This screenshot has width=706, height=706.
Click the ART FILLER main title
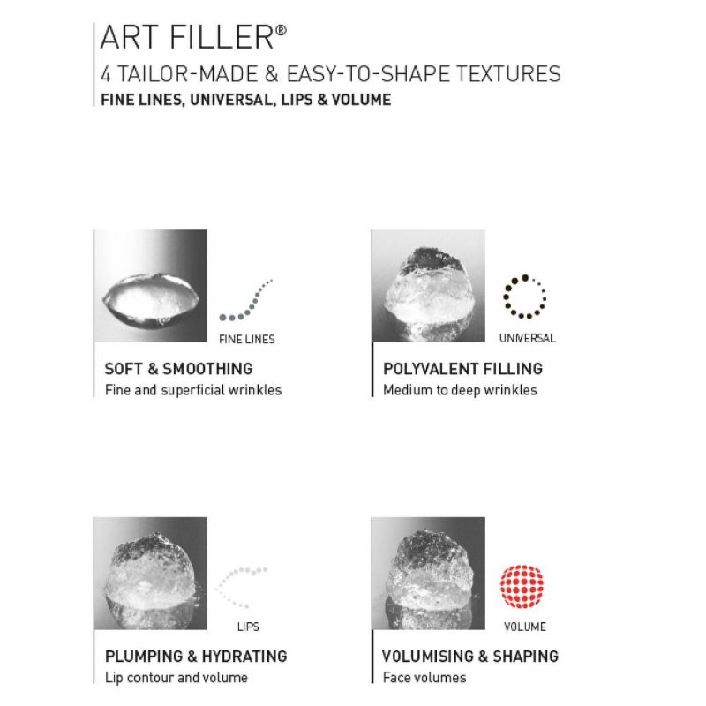point(193,37)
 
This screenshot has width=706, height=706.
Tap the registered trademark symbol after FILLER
point(281,30)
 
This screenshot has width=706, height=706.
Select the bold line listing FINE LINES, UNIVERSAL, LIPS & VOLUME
point(246,100)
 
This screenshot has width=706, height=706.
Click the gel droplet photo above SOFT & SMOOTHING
point(151,286)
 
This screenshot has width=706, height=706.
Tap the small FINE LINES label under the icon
point(247,339)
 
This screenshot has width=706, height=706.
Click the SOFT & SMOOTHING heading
point(179,369)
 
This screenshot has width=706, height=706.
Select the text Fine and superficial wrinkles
point(193,390)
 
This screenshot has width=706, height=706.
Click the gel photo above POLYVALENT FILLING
point(429,286)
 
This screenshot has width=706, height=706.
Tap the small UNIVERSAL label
point(527,338)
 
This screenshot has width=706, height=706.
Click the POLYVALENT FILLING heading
point(462,369)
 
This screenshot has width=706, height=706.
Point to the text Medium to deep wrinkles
point(460,390)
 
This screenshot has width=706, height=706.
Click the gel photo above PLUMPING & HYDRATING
point(151,573)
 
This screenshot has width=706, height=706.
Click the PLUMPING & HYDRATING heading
point(196,656)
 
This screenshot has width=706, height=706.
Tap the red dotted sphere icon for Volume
point(522,586)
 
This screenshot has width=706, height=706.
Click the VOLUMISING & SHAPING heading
point(470,656)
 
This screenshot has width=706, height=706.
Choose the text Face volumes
point(424,677)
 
